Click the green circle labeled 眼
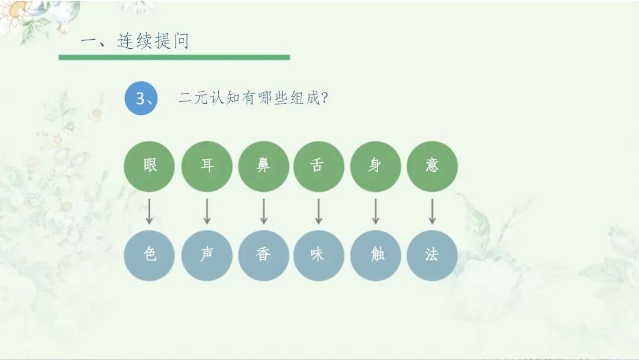(150, 166)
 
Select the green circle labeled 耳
(206, 166)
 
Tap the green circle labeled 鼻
(263, 166)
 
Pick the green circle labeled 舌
(318, 166)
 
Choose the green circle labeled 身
(375, 166)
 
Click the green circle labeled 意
(432, 166)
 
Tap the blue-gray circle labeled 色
(150, 255)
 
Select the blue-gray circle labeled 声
(206, 255)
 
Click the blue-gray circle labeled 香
(263, 255)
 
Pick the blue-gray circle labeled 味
(318, 255)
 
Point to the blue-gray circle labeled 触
(375, 255)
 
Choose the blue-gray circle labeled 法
(432, 255)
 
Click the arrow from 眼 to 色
(150, 211)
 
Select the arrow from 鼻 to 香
(263, 211)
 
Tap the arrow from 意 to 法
(432, 211)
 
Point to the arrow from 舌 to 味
(318, 211)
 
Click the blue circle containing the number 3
(141, 98)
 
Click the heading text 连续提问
(153, 41)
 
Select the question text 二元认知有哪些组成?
(253, 98)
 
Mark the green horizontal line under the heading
(174, 57)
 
